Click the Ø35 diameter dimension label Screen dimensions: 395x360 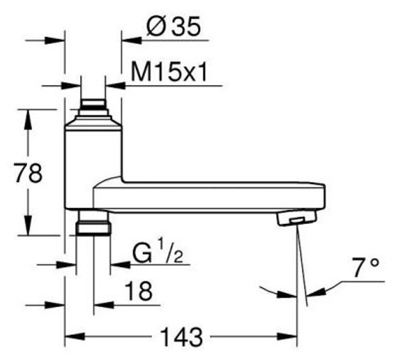click(x=173, y=26)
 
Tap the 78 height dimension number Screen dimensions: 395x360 click(x=28, y=173)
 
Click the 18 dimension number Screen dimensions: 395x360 click(x=139, y=291)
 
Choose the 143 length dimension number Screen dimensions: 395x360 click(x=181, y=337)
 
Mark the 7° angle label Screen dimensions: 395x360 click(x=365, y=267)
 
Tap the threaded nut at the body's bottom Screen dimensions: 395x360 click(x=93, y=223)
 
